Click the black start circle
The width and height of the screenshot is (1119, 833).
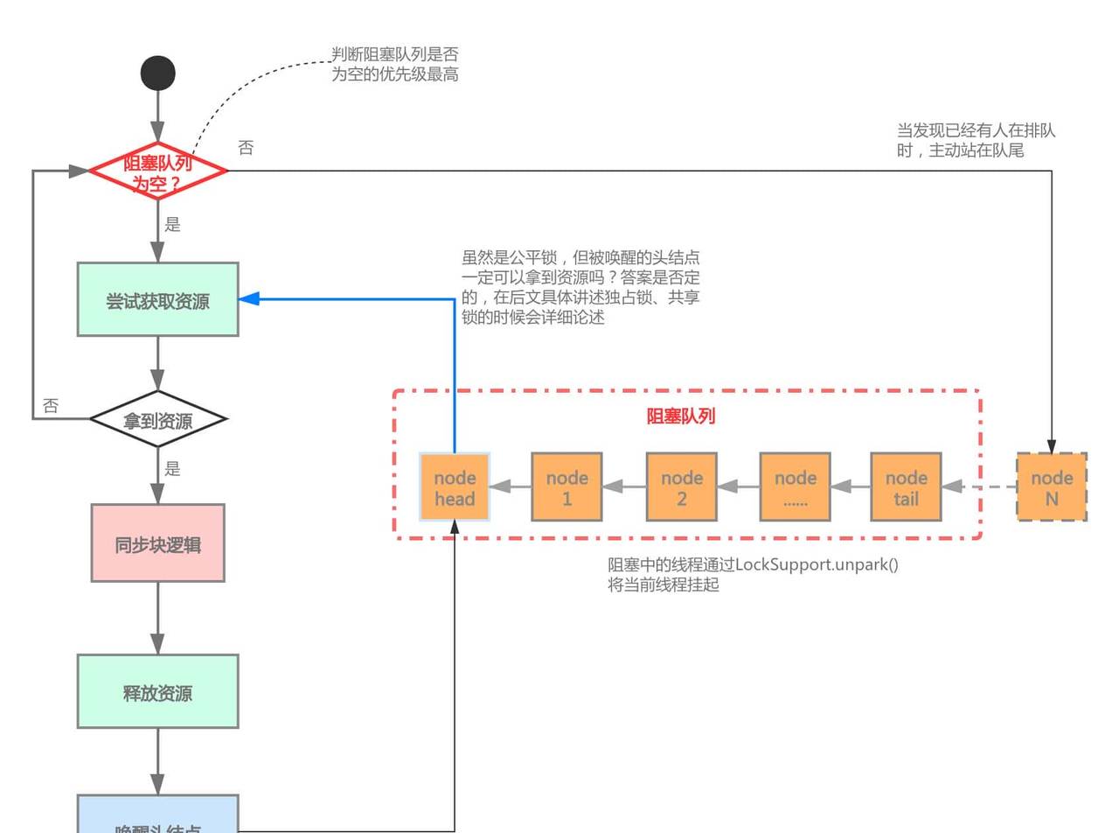click(x=158, y=73)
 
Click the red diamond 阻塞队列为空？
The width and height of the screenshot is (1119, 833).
click(x=158, y=171)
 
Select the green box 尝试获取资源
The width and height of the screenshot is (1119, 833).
click(x=158, y=300)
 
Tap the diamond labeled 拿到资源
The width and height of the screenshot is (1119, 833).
click(x=158, y=420)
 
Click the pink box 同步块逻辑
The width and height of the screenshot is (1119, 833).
click(x=158, y=543)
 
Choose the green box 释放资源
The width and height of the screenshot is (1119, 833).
click(x=158, y=692)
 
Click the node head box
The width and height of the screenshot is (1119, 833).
click(x=455, y=487)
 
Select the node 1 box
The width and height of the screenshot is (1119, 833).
click(x=567, y=487)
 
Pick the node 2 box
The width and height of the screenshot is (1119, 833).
click(x=682, y=487)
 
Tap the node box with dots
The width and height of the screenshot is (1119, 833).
click(x=796, y=487)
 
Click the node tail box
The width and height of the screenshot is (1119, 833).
click(x=907, y=487)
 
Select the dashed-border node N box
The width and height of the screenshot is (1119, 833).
click(x=1052, y=487)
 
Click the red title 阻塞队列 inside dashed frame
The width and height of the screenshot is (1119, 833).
click(x=681, y=416)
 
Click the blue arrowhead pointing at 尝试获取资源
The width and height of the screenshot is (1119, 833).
click(x=249, y=299)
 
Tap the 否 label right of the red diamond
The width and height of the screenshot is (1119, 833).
click(x=246, y=148)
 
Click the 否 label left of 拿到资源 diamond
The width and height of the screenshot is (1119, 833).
click(x=51, y=406)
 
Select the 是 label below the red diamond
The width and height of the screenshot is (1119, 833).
click(x=172, y=225)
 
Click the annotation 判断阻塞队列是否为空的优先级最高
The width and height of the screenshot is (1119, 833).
click(x=394, y=65)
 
